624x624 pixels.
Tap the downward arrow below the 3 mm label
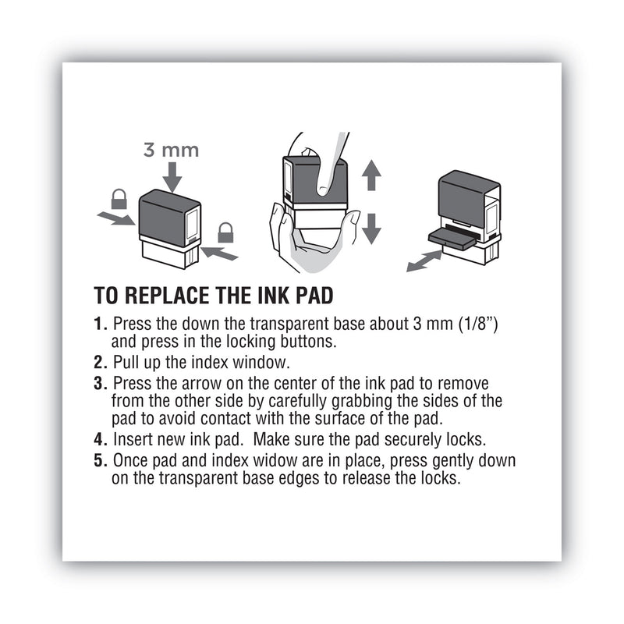click(x=172, y=177)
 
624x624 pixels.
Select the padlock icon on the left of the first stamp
click(x=119, y=200)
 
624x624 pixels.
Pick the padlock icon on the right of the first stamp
click(x=225, y=232)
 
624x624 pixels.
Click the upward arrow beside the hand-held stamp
click(x=372, y=175)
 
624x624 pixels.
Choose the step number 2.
click(x=99, y=361)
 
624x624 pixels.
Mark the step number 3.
click(x=99, y=384)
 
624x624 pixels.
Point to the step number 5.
click(x=99, y=460)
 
